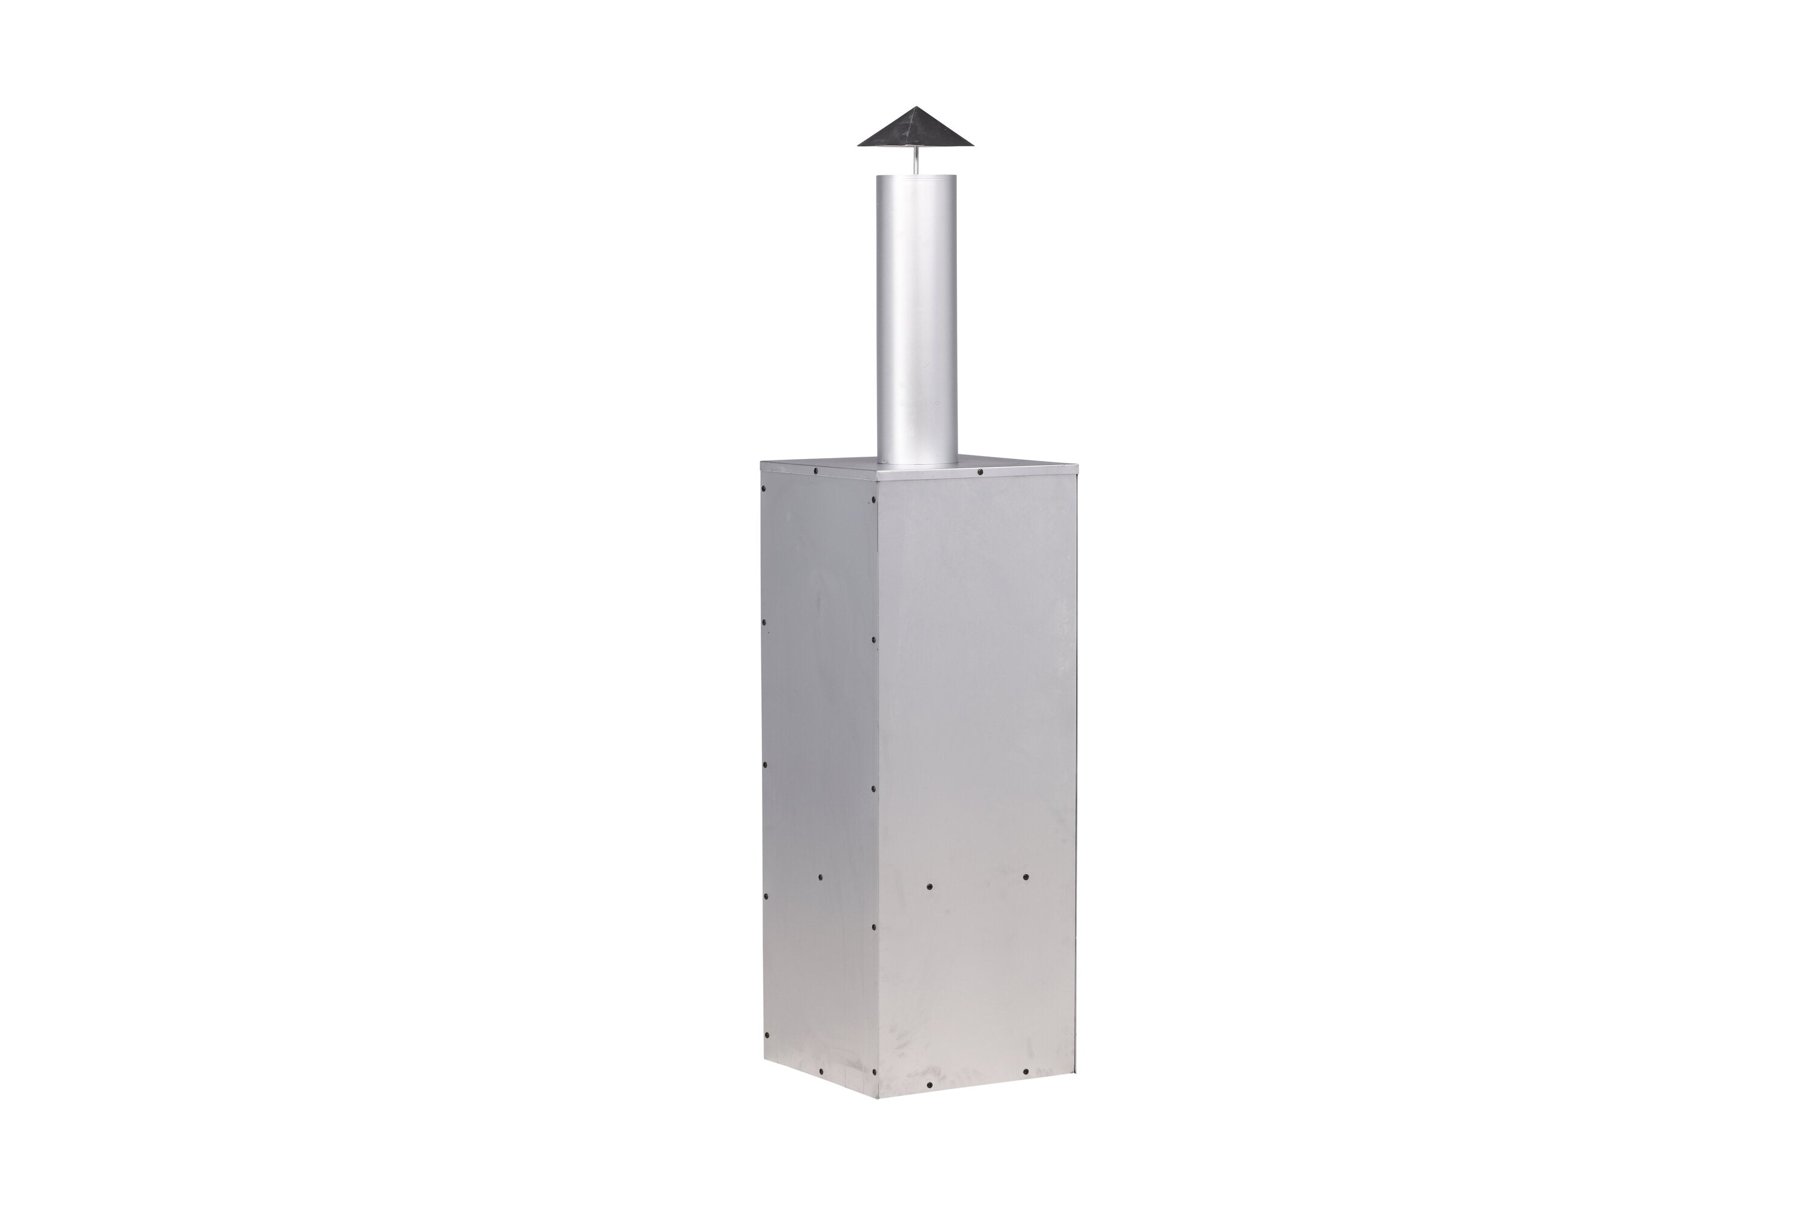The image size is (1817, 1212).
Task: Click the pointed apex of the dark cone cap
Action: (916, 107)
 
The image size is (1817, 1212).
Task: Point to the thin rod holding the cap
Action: (916, 162)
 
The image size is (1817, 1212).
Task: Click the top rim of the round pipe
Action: (916, 177)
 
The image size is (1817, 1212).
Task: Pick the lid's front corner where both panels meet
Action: (879, 479)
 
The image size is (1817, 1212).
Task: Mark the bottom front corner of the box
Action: (879, 1098)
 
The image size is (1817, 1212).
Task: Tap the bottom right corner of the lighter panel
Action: (1075, 1072)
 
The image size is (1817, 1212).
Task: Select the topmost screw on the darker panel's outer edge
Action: (764, 489)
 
